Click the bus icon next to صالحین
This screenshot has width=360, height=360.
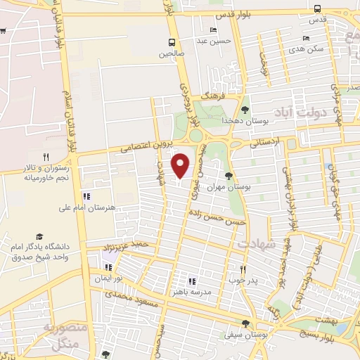tap(171, 42)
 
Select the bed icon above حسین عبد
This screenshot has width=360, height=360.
tap(212, 30)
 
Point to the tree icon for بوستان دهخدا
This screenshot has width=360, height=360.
tap(245, 110)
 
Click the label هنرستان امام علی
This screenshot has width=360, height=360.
tap(87, 209)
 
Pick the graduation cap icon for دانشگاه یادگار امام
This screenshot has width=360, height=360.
tap(39, 237)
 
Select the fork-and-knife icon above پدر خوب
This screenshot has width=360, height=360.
tap(243, 269)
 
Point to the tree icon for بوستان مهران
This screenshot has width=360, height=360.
tap(229, 176)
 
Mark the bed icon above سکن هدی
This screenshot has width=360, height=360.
tap(306, 38)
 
